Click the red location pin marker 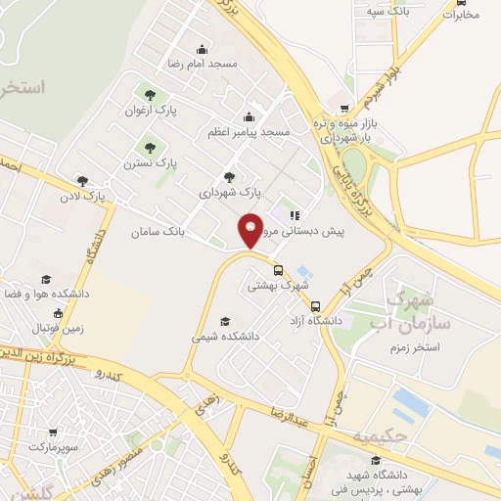click(x=250, y=229)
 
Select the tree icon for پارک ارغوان click(x=149, y=95)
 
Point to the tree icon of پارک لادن click(x=82, y=180)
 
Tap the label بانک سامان click(x=157, y=232)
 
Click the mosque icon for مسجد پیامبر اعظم click(x=249, y=117)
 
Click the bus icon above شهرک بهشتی click(x=278, y=271)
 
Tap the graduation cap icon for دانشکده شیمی click(x=225, y=321)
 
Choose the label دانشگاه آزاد click(x=330, y=320)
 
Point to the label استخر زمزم click(x=413, y=346)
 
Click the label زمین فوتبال click(x=60, y=328)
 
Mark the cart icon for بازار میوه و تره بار click(x=343, y=109)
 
